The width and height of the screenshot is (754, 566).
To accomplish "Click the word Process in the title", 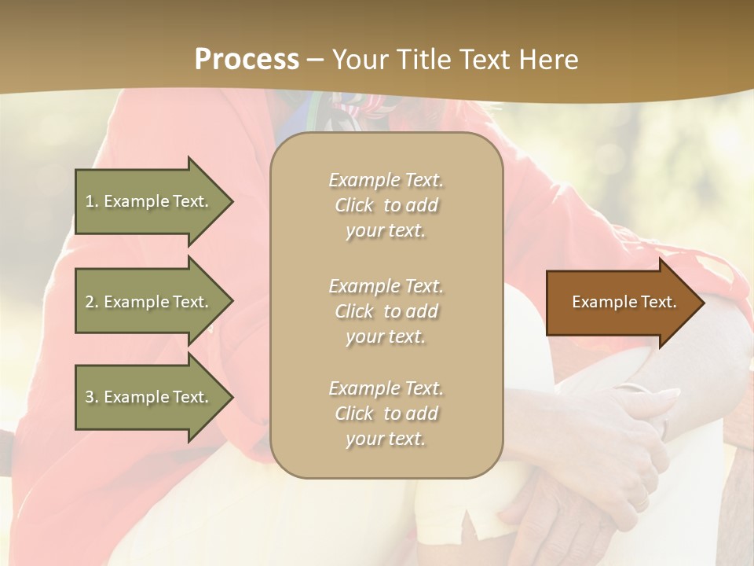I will point(247,60).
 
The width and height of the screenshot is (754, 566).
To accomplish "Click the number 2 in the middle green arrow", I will point(90,302).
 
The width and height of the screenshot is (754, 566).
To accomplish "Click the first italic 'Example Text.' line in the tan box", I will point(386,180).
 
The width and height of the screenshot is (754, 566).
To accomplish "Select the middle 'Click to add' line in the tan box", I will point(386,311).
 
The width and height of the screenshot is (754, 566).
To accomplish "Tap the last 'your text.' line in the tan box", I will point(386,439).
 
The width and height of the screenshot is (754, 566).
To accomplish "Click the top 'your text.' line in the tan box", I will point(386,231).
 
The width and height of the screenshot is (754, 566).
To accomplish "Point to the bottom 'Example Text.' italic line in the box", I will point(386,388).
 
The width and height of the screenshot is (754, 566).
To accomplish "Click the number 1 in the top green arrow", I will point(90,201).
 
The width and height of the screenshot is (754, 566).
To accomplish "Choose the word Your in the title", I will point(361,60).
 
